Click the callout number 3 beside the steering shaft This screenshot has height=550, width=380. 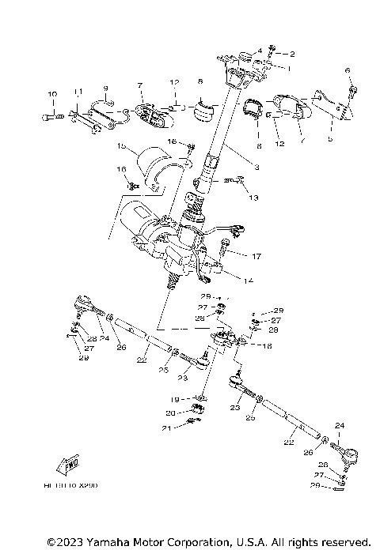256,167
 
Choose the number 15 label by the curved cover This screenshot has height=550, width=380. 122,146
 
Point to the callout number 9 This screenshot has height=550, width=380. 104,88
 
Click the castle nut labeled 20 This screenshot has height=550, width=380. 197,409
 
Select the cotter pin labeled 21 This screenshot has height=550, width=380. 190,424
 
